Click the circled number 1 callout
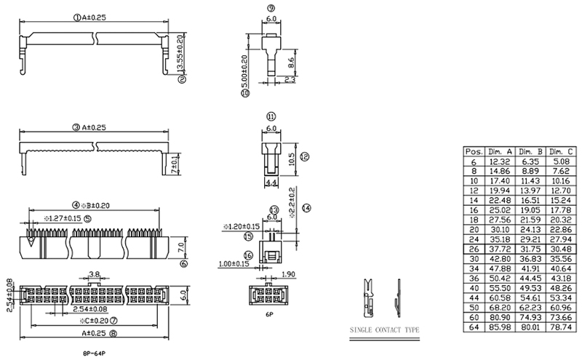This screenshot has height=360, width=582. (x=76, y=17)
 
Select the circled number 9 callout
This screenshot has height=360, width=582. (x=270, y=9)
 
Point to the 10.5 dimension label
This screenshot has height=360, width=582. (x=292, y=160)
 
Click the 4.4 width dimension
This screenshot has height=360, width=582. (x=271, y=182)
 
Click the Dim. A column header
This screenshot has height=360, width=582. (x=500, y=150)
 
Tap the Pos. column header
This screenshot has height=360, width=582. (x=474, y=150)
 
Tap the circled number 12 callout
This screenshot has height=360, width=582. (x=304, y=156)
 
